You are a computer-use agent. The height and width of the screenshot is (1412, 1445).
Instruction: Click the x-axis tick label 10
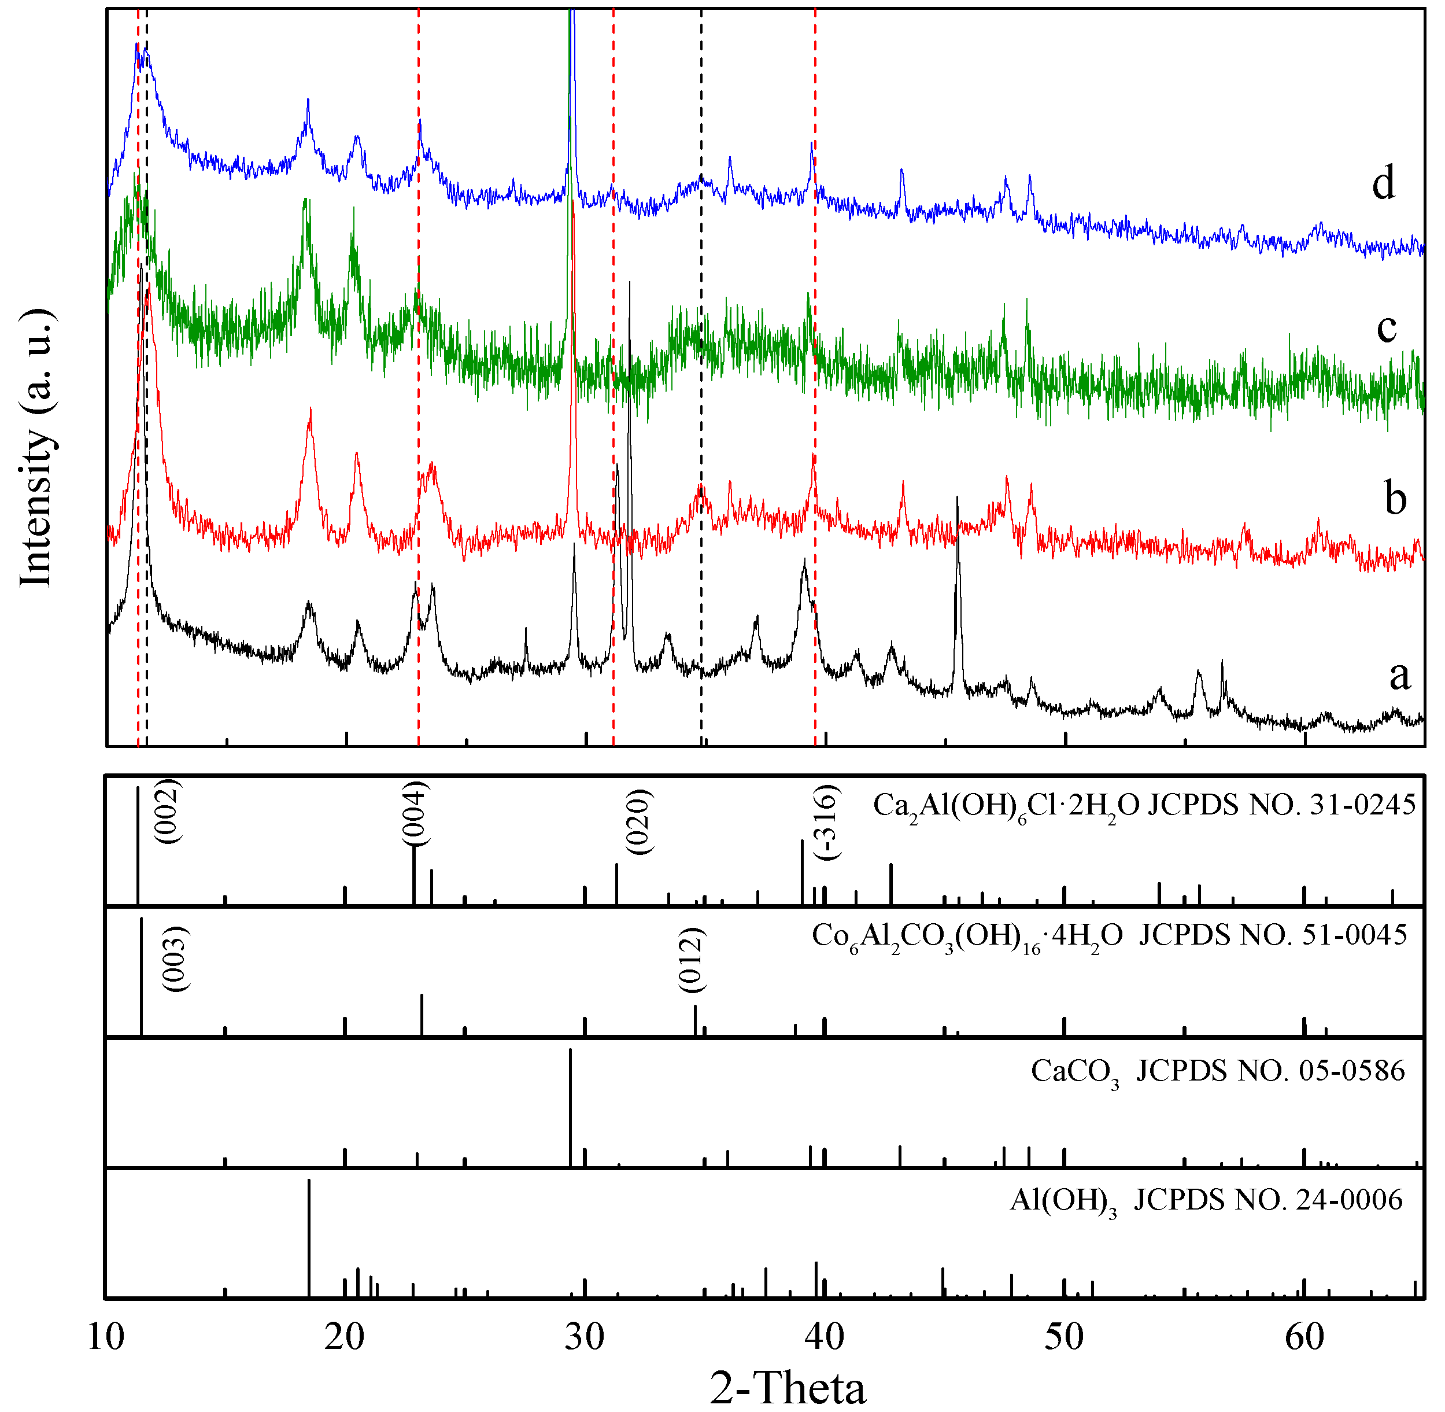[x=106, y=1336]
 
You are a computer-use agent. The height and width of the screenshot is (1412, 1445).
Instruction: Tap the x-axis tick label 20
[x=345, y=1336]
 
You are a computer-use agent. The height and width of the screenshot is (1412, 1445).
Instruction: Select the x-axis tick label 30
[x=585, y=1336]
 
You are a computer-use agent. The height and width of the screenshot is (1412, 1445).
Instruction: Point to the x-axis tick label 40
[x=825, y=1336]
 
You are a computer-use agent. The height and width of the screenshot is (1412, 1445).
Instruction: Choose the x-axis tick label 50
[x=1064, y=1336]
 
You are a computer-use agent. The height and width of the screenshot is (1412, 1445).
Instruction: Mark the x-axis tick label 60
[x=1304, y=1336]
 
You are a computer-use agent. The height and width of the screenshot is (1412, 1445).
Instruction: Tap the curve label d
[x=1384, y=182]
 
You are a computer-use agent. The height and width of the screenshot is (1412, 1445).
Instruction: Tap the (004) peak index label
[x=415, y=813]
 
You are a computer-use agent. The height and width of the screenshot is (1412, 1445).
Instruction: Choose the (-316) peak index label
[x=826, y=821]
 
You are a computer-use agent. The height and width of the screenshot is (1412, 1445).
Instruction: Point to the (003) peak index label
[x=176, y=959]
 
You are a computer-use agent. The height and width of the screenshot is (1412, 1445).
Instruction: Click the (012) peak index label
[x=691, y=960]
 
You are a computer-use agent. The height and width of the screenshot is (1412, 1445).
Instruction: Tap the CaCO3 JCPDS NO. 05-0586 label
[x=1217, y=1072]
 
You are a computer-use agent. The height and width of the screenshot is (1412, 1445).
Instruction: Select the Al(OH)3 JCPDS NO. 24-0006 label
[x=1206, y=1200]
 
